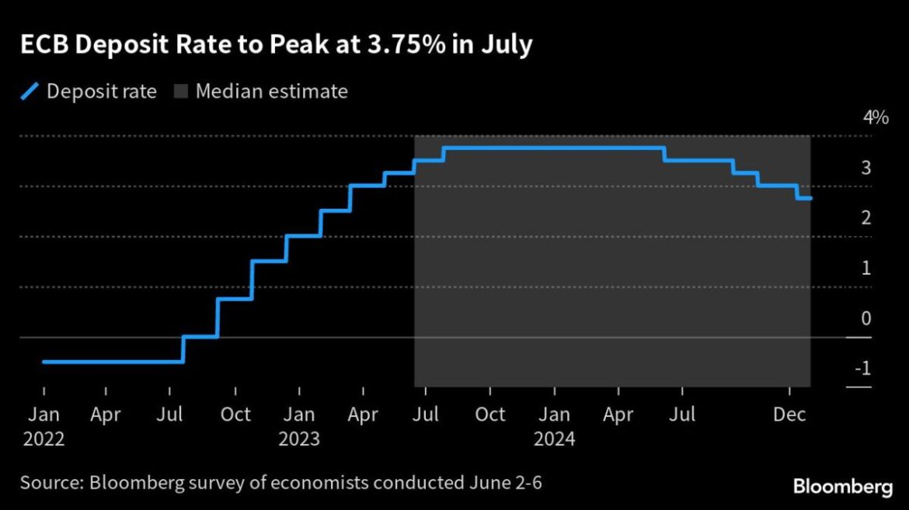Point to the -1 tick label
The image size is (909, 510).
tap(862, 369)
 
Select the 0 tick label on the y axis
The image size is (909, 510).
tap(865, 318)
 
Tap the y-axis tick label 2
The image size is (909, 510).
tap(865, 218)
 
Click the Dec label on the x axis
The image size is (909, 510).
tap(790, 415)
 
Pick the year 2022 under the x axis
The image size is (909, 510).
tap(44, 439)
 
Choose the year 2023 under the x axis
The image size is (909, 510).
tap(299, 439)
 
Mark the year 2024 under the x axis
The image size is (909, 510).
tap(554, 439)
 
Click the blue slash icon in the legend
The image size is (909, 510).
tap(29, 92)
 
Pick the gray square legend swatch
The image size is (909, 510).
tap(179, 92)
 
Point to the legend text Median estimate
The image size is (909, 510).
tap(271, 92)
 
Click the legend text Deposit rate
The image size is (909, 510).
tap(102, 92)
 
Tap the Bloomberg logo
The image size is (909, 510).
tap(842, 487)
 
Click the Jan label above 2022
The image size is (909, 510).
tap(44, 415)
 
